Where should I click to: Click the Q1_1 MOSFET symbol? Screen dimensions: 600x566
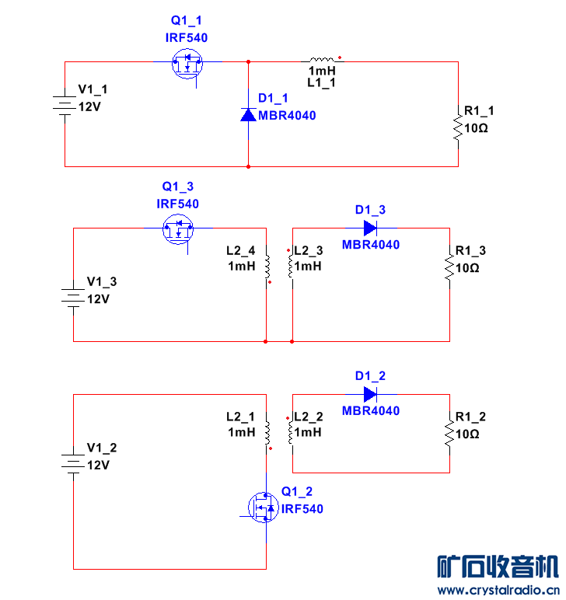pyautogui.click(x=187, y=63)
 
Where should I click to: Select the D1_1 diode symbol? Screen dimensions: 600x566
pyautogui.click(x=248, y=114)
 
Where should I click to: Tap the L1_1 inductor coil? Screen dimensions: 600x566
pyautogui.click(x=322, y=60)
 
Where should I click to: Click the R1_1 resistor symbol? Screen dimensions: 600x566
pyautogui.click(x=458, y=127)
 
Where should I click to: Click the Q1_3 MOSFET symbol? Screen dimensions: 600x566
pyautogui.click(x=178, y=228)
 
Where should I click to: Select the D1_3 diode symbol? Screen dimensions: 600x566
pyautogui.click(x=371, y=228)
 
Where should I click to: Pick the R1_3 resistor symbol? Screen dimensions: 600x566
pyautogui.click(x=449, y=267)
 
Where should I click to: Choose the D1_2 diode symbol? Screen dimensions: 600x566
pyautogui.click(x=371, y=394)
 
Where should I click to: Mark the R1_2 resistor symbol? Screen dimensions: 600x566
pyautogui.click(x=449, y=433)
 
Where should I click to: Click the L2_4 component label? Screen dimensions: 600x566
pyautogui.click(x=240, y=251)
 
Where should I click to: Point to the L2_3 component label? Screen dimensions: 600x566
pyautogui.click(x=308, y=251)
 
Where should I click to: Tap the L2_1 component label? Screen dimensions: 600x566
pyautogui.click(x=240, y=417)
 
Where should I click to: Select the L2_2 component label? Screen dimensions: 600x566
pyautogui.click(x=308, y=417)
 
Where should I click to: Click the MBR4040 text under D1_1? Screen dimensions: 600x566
pyautogui.click(x=287, y=116)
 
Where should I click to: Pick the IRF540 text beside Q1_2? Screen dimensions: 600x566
pyautogui.click(x=302, y=509)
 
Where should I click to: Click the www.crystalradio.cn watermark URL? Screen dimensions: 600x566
pyautogui.click(x=498, y=591)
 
